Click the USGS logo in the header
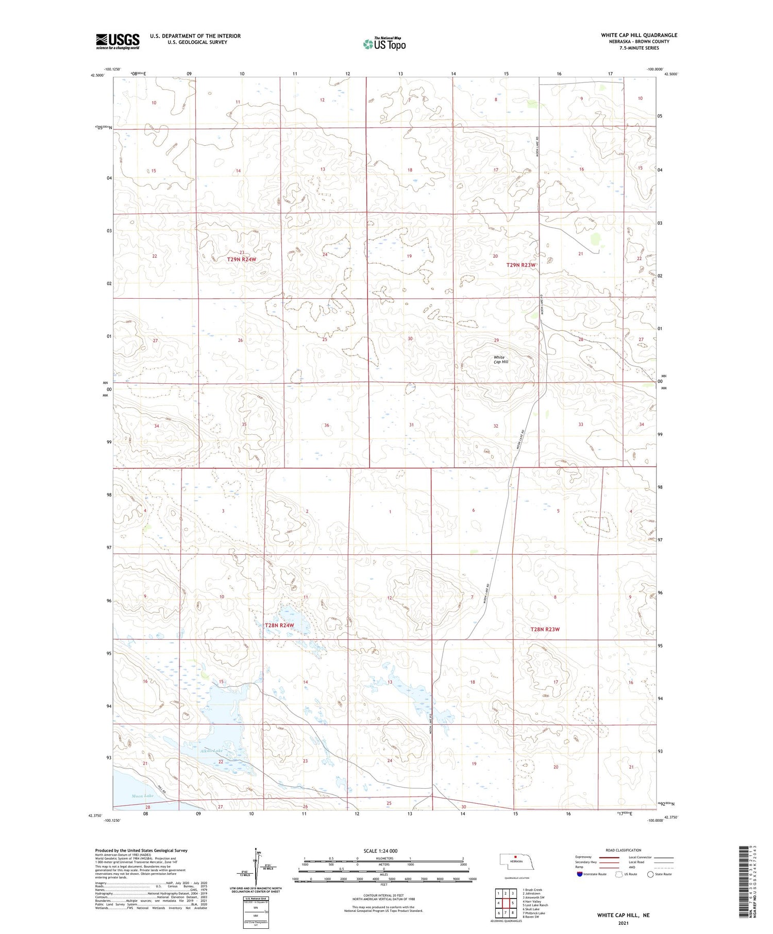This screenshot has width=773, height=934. click(x=117, y=41)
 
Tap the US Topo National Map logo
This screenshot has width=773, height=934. click(x=384, y=44)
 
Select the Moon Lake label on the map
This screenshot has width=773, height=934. click(x=142, y=796)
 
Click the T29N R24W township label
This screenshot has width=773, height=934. click(x=241, y=259)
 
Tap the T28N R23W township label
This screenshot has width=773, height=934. click(x=545, y=629)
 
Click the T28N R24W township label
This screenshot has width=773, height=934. click(x=279, y=625)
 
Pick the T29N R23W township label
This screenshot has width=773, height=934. click(x=521, y=264)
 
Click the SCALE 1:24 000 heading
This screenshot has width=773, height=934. click(x=380, y=851)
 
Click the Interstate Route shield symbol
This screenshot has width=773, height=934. click(x=580, y=874)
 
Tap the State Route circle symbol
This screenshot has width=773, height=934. click(x=650, y=874)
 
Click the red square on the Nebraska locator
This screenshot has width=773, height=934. click(x=515, y=857)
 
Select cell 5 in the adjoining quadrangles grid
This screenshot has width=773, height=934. click(x=513, y=903)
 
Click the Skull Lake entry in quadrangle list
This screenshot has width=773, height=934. click(x=532, y=909)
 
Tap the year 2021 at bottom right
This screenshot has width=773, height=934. click(x=623, y=923)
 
